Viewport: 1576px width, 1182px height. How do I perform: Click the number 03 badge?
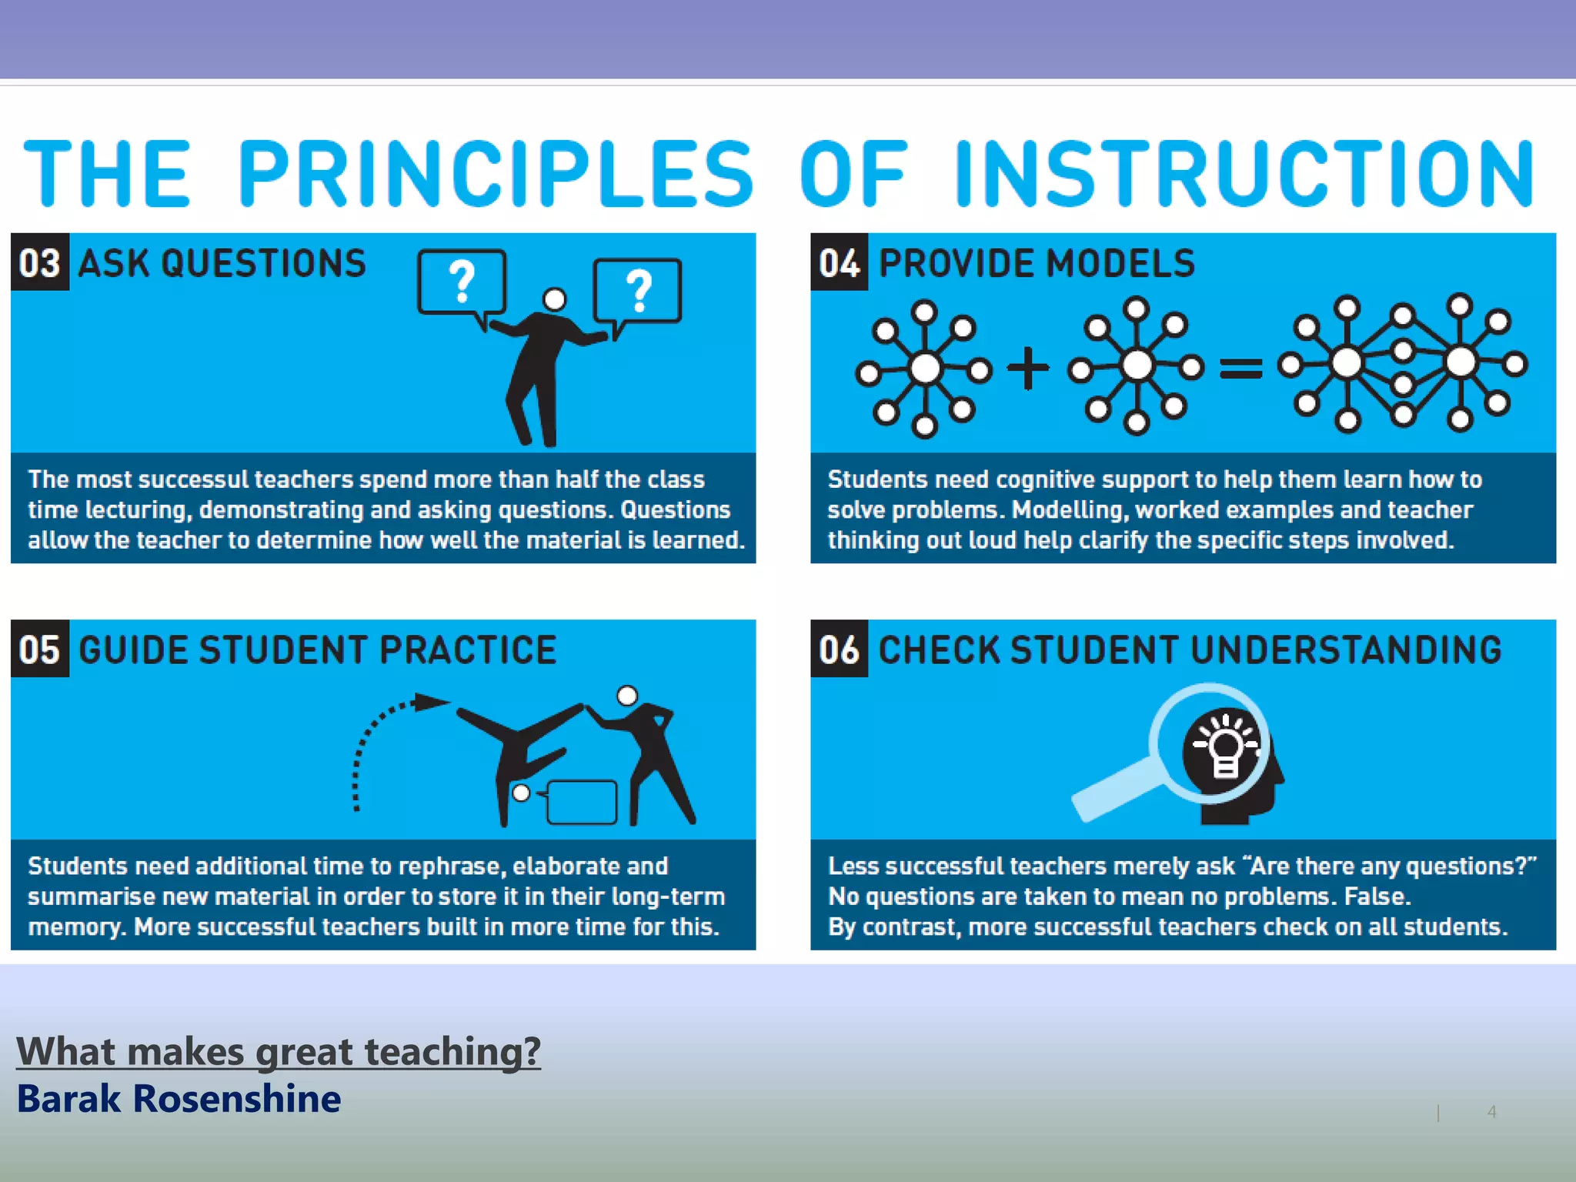(x=40, y=262)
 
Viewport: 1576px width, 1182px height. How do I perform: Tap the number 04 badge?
(x=839, y=262)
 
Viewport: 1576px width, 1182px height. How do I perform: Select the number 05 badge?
(x=40, y=649)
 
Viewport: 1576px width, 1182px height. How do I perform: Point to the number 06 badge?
(x=839, y=649)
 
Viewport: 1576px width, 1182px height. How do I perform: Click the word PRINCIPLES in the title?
(x=496, y=174)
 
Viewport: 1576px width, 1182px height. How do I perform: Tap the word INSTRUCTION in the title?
(x=1244, y=174)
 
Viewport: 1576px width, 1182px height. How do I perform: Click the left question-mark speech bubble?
(x=462, y=283)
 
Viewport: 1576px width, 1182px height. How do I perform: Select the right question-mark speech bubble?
(x=637, y=291)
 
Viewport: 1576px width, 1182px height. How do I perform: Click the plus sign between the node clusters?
(x=1027, y=368)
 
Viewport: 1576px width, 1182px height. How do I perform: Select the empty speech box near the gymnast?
(x=582, y=802)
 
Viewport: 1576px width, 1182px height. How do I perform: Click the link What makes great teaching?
(x=279, y=1051)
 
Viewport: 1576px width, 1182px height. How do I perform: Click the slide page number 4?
(x=1491, y=1111)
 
